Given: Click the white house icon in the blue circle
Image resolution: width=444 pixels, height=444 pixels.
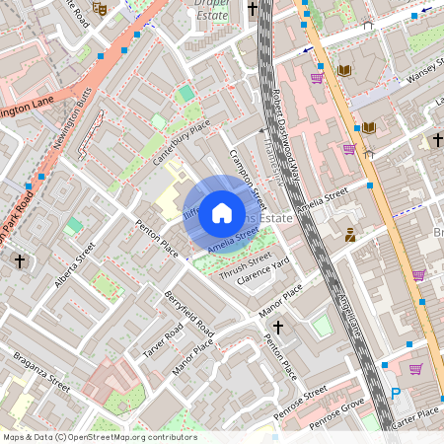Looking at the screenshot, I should pyautogui.click(x=222, y=212).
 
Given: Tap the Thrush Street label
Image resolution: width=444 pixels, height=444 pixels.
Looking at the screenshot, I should pyautogui.click(x=244, y=266).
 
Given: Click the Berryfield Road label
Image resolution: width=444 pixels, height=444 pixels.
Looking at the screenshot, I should pyautogui.click(x=189, y=315).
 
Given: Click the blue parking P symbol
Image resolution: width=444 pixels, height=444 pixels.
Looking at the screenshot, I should pyautogui.click(x=396, y=393).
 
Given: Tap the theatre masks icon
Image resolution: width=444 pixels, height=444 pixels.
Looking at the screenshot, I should pyautogui.click(x=99, y=8).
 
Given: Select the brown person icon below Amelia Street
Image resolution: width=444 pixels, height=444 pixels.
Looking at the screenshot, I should pyautogui.click(x=349, y=235).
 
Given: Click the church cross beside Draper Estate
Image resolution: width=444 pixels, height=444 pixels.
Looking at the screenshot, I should pyautogui.click(x=252, y=9).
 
